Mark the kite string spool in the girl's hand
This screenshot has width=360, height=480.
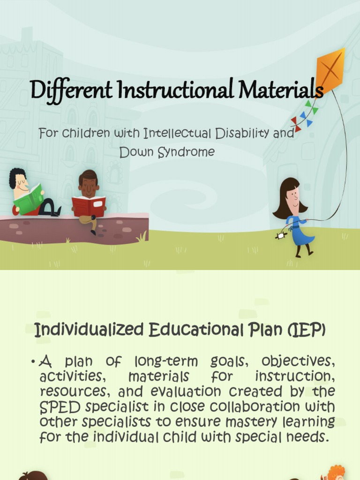click(280, 236)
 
